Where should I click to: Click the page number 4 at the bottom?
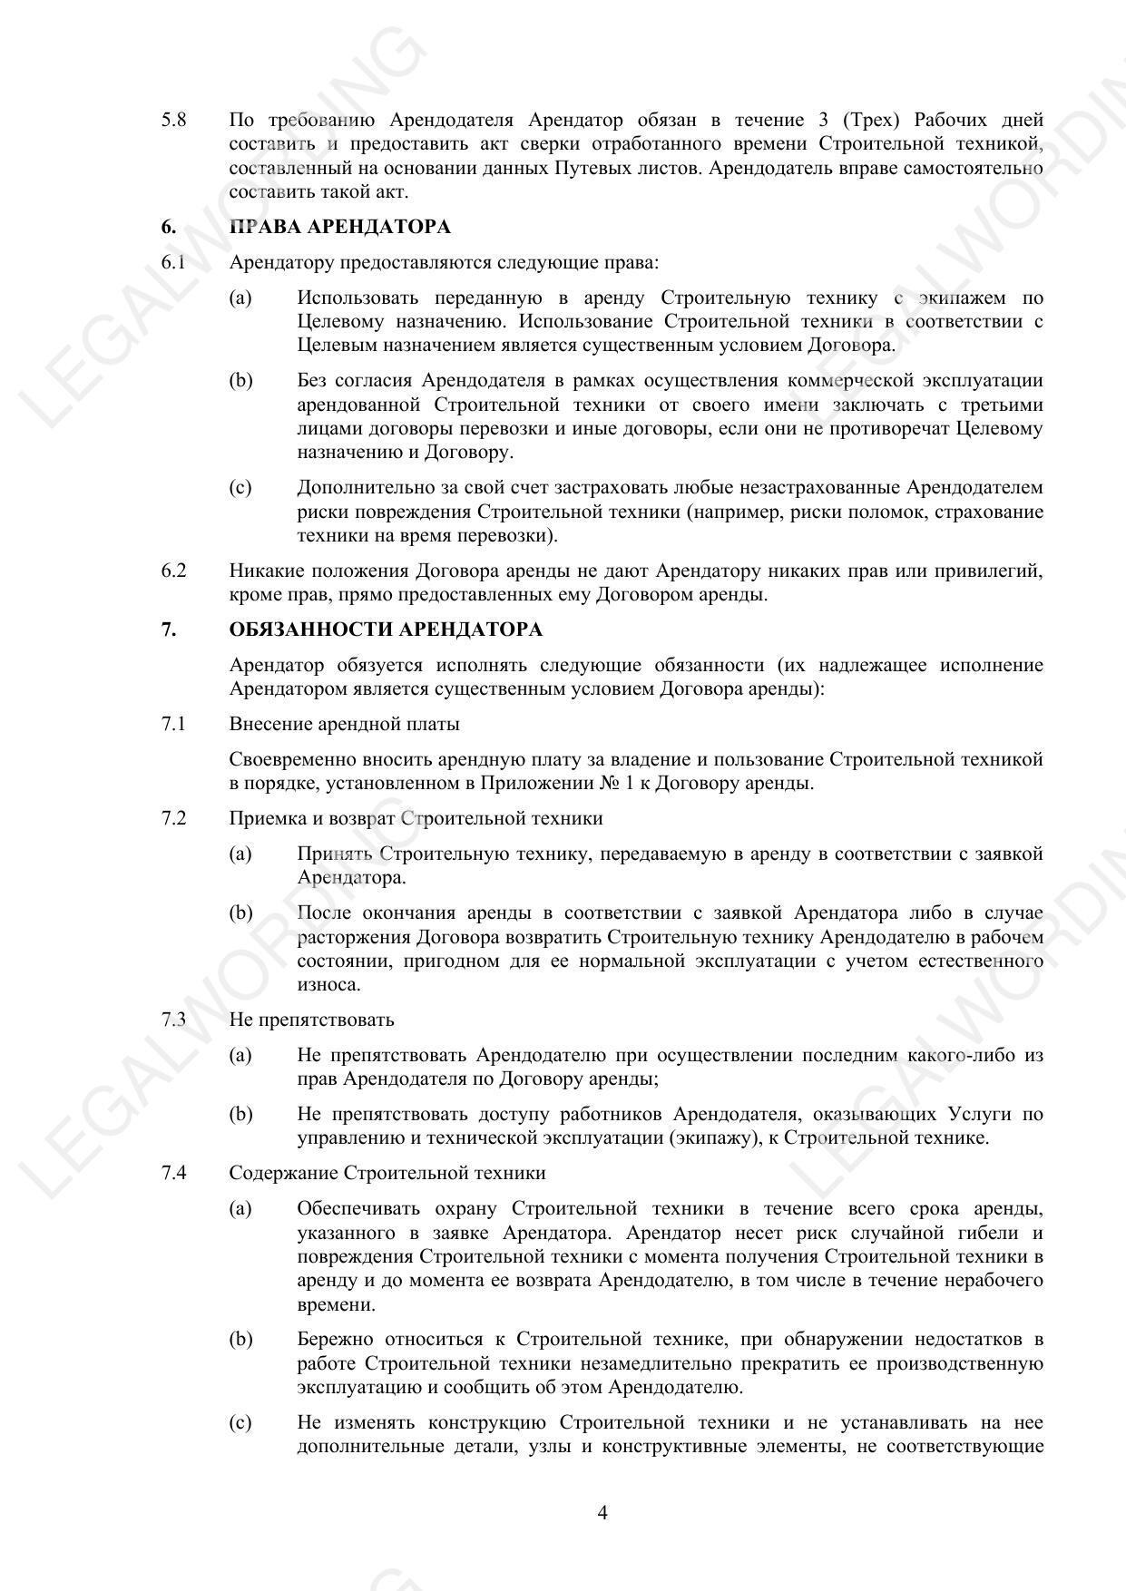point(602,1512)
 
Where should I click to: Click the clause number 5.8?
point(174,120)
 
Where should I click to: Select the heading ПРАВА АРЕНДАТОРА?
point(340,227)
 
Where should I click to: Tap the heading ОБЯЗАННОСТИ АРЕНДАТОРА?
point(386,630)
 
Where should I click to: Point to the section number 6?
point(169,227)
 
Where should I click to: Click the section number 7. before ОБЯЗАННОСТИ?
point(169,630)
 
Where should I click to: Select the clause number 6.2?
point(174,571)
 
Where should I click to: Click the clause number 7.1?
point(174,724)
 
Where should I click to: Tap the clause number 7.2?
point(174,818)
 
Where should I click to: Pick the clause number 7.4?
point(174,1173)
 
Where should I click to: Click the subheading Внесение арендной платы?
point(344,724)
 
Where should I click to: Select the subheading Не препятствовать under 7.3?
point(311,1020)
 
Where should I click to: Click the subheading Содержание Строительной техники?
point(387,1173)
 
